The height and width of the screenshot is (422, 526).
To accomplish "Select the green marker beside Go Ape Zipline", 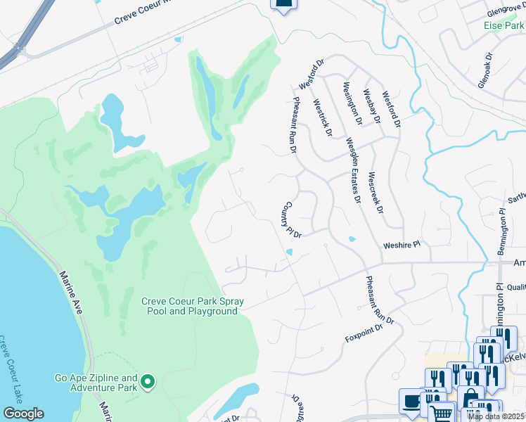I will (x=148, y=382).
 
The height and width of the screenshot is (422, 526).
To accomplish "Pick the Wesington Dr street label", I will (x=352, y=104).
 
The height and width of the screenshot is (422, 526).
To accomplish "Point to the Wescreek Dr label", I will (x=376, y=192).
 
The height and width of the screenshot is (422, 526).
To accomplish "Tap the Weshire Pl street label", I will (x=401, y=245).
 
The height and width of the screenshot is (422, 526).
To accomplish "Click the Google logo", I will (x=23, y=414).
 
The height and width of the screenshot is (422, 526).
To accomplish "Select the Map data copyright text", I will (x=496, y=416).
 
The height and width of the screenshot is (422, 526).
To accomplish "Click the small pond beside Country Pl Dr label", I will (x=288, y=252).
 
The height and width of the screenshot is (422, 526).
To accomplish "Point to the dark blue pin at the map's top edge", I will (x=283, y=4).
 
